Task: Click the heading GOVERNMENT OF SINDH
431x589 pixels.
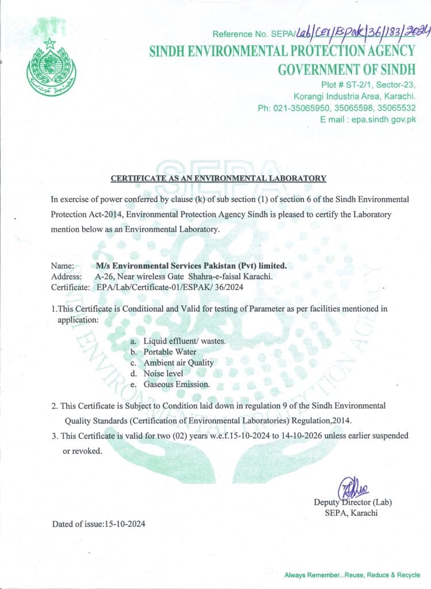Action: point(346,70)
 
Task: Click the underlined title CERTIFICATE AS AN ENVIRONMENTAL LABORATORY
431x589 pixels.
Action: point(218,179)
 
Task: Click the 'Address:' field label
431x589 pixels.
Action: point(66,276)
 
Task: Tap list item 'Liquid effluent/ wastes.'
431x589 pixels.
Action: point(184,341)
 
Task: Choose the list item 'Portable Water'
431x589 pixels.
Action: point(170,351)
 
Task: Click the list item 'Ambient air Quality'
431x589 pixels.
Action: point(179,362)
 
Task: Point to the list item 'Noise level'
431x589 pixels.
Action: point(163,373)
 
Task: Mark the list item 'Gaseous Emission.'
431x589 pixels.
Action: point(176,384)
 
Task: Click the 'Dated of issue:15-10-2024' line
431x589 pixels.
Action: point(98,524)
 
